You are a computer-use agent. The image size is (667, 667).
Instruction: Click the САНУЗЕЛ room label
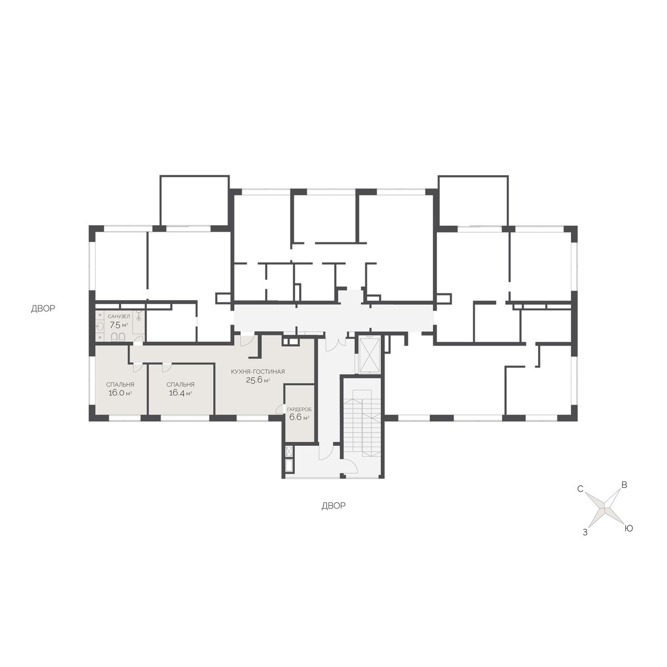click(x=119, y=316)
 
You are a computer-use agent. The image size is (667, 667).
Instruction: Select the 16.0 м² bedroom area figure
click(x=120, y=393)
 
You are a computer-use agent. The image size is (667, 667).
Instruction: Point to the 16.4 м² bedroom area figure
click(x=180, y=393)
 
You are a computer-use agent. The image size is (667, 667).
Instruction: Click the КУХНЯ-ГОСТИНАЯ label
click(x=258, y=372)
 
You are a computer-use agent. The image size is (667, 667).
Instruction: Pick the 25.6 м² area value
click(x=258, y=380)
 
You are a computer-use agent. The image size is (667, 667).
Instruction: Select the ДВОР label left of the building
click(x=43, y=308)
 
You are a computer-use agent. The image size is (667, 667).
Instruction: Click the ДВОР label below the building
click(x=333, y=506)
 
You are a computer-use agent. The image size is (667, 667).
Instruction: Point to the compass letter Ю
click(x=628, y=529)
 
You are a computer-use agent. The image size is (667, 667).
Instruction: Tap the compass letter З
click(x=585, y=532)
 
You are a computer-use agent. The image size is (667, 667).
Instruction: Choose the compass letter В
click(x=624, y=485)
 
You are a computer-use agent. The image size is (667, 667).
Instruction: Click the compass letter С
click(x=580, y=489)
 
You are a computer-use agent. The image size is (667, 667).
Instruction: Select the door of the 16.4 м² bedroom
click(x=166, y=367)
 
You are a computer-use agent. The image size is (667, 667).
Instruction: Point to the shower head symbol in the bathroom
click(x=139, y=316)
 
